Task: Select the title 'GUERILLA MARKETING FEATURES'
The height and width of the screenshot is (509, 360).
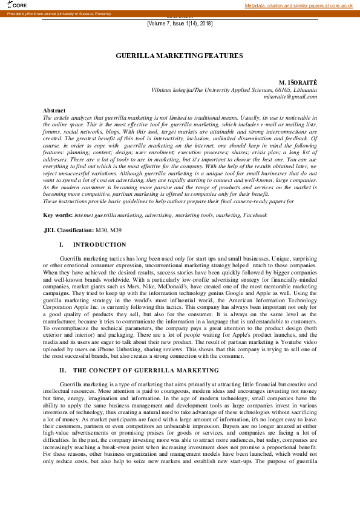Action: pos(179,56)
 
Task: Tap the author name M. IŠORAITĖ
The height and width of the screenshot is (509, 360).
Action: pos(298,82)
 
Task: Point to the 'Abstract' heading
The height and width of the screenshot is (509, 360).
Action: pos(54,111)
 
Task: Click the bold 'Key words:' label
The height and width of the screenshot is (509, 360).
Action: pos(57,215)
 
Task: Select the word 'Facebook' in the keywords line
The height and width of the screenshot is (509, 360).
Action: pos(254,215)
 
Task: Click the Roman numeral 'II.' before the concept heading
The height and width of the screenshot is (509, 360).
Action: pos(62,369)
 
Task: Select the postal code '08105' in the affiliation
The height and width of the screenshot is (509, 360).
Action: pos(276,89)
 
